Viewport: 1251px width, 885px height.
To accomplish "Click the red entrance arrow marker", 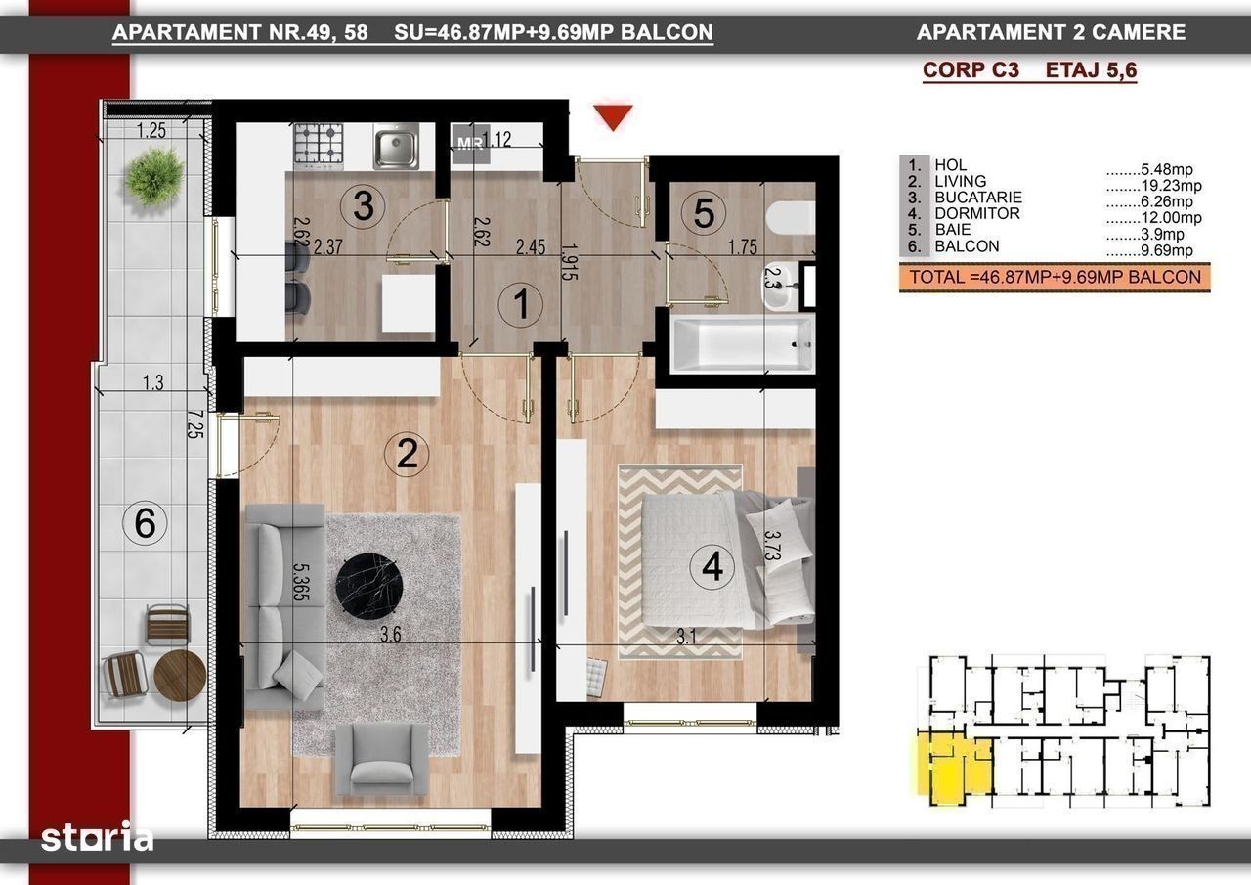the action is coord(613,116).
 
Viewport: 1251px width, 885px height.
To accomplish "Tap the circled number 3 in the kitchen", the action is coord(363,205).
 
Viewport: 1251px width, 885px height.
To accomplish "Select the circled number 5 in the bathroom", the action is coord(703,212).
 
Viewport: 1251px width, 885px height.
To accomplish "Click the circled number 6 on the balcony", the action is coord(145,523).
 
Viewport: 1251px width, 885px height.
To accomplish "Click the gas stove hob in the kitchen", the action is coord(319,147).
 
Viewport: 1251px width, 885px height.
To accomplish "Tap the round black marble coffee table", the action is coord(369,586).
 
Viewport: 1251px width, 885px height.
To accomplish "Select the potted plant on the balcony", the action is coord(153,175).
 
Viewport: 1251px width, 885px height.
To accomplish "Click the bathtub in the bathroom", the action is coord(743,343).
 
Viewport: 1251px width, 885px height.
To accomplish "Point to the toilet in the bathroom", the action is coord(791,218).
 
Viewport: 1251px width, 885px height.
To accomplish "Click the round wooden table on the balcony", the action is coord(181,675).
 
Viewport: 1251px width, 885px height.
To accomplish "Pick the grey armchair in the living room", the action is coord(382,760).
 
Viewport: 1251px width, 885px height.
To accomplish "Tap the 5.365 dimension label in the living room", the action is coord(300,581).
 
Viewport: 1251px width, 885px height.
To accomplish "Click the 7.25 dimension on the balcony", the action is coord(194,424).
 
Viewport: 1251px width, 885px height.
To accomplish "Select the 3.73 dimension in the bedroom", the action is coord(771,545).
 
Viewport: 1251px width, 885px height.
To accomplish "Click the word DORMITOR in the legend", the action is coord(977,213).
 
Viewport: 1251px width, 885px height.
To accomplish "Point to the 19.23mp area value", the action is coord(1171,186).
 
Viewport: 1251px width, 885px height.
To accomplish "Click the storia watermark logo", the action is coord(97,836).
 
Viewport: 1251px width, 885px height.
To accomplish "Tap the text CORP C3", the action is coord(971,70).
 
